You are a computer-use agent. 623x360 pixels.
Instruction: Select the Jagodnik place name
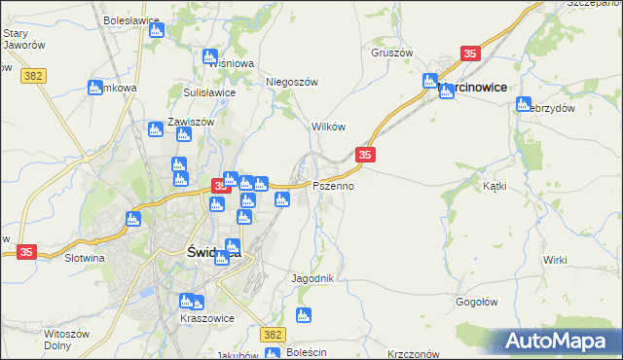[312, 278]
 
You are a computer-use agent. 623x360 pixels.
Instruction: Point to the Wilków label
[328, 127]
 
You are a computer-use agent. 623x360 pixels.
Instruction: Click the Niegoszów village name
[293, 83]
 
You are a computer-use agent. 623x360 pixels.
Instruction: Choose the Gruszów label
[392, 53]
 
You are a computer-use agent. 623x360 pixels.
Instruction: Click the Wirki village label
[555, 260]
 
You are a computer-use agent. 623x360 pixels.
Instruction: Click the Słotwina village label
[84, 259]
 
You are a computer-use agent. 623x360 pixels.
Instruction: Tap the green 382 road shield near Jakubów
[273, 335]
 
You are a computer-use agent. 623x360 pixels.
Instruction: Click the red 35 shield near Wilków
[365, 155]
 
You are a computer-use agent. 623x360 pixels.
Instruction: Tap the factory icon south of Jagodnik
[303, 315]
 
